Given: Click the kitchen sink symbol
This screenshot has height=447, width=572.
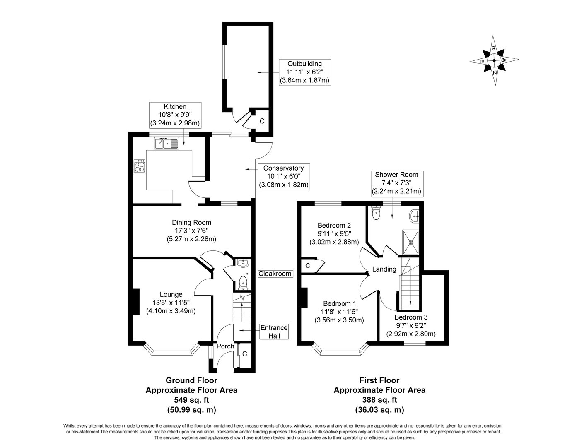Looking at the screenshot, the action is tap(167, 143).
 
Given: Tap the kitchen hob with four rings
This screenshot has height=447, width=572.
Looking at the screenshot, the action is tap(140, 166).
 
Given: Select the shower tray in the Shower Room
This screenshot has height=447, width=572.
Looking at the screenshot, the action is tap(410, 242).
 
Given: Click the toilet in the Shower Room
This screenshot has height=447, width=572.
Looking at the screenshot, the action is tap(376, 212).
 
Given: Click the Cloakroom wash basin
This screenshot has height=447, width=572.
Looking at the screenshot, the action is tap(242, 263).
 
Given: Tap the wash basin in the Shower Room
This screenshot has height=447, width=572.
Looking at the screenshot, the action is tap(414, 216).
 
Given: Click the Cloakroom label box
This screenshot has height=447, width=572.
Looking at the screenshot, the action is tap(275, 274).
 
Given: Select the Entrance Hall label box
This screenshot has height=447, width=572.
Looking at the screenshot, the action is tap(274, 332).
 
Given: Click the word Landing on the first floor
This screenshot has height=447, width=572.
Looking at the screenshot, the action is tap(384, 269).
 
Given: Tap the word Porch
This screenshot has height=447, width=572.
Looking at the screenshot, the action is tap(225, 346).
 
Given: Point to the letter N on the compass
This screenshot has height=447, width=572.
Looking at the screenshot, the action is tap(495, 73).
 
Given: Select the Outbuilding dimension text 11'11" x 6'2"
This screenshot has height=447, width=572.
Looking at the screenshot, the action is tap(304, 72).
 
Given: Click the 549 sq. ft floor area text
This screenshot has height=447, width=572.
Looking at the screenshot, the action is tap(191, 400).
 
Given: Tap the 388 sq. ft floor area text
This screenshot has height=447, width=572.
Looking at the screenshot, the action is tap(379, 400).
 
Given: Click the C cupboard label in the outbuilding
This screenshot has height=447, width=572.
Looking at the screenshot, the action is tap(262, 121).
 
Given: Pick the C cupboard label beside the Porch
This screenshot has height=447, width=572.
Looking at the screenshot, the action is tap(244, 354).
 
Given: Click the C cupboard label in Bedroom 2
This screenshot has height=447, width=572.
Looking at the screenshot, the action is tap(307, 266).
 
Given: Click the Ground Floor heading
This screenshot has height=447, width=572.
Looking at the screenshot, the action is tap(191, 380).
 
